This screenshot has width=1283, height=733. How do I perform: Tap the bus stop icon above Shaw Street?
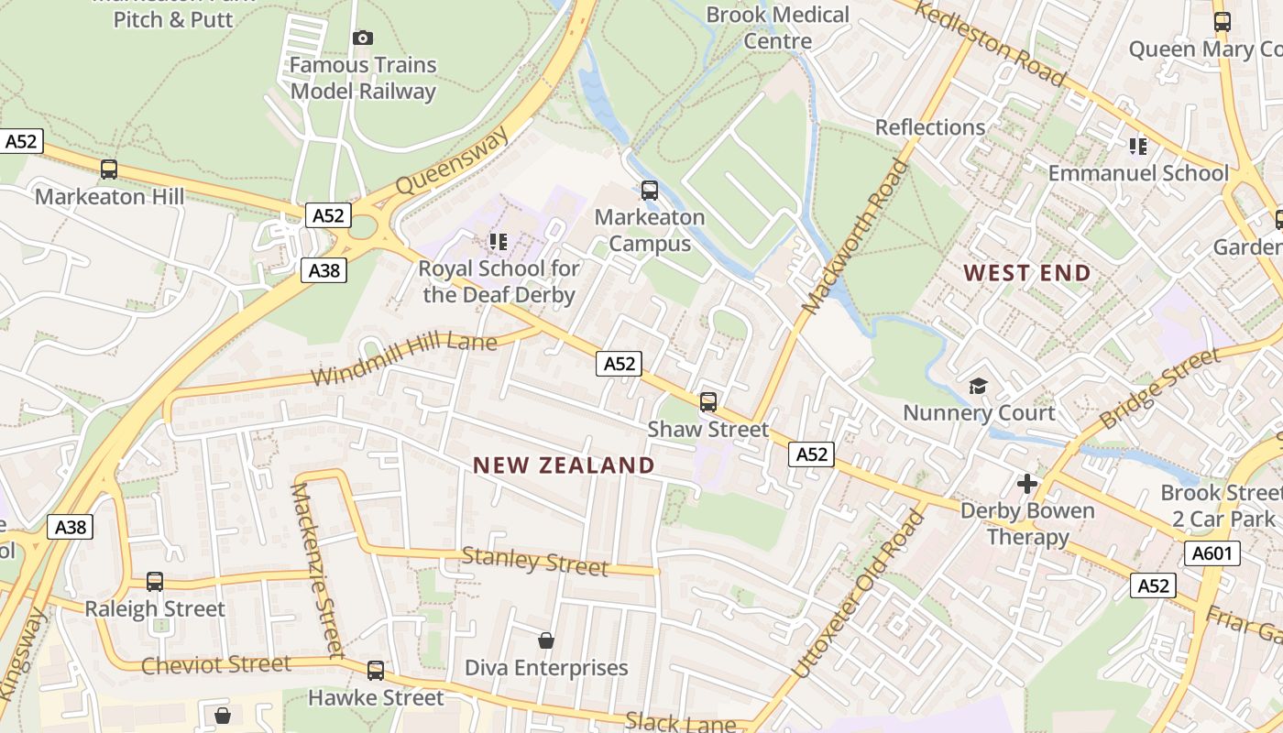707,401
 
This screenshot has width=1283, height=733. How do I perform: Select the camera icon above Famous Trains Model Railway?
363,38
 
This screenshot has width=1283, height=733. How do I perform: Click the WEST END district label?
1027,273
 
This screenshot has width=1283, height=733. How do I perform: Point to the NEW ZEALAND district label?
564,465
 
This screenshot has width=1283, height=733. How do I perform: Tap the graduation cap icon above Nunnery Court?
979,386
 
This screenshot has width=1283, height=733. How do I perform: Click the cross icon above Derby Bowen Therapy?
1027,483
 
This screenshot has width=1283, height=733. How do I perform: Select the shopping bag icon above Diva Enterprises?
546,640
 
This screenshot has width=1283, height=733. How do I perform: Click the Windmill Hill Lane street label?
403,360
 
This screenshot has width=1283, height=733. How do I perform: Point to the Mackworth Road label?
855,235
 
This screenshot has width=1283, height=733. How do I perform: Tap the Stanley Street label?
534,561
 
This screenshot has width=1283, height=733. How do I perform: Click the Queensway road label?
452,160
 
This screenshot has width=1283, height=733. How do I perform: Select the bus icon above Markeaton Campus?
650,191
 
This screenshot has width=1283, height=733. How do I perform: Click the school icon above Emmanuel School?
1138,146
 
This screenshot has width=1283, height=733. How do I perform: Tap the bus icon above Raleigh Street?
155,581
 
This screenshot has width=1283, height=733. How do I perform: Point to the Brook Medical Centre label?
778,27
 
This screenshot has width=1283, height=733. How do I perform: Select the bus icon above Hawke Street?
376,670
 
